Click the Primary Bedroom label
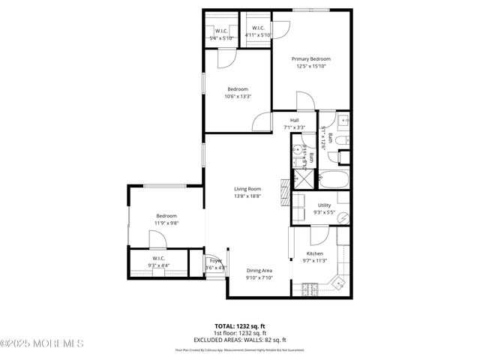[311, 59]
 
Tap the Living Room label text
[247, 189]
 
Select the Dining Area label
[259, 270]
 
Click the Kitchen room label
[315, 253]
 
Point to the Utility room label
[324, 205]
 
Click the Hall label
[295, 121]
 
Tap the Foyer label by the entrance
[216, 260]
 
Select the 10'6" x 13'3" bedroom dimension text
[238, 96]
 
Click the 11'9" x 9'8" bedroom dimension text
[166, 223]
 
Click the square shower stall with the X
[304, 179]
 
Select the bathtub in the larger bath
[334, 180]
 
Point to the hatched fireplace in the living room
[283, 192]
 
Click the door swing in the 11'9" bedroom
[157, 239]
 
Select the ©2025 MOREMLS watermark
[42, 343]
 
